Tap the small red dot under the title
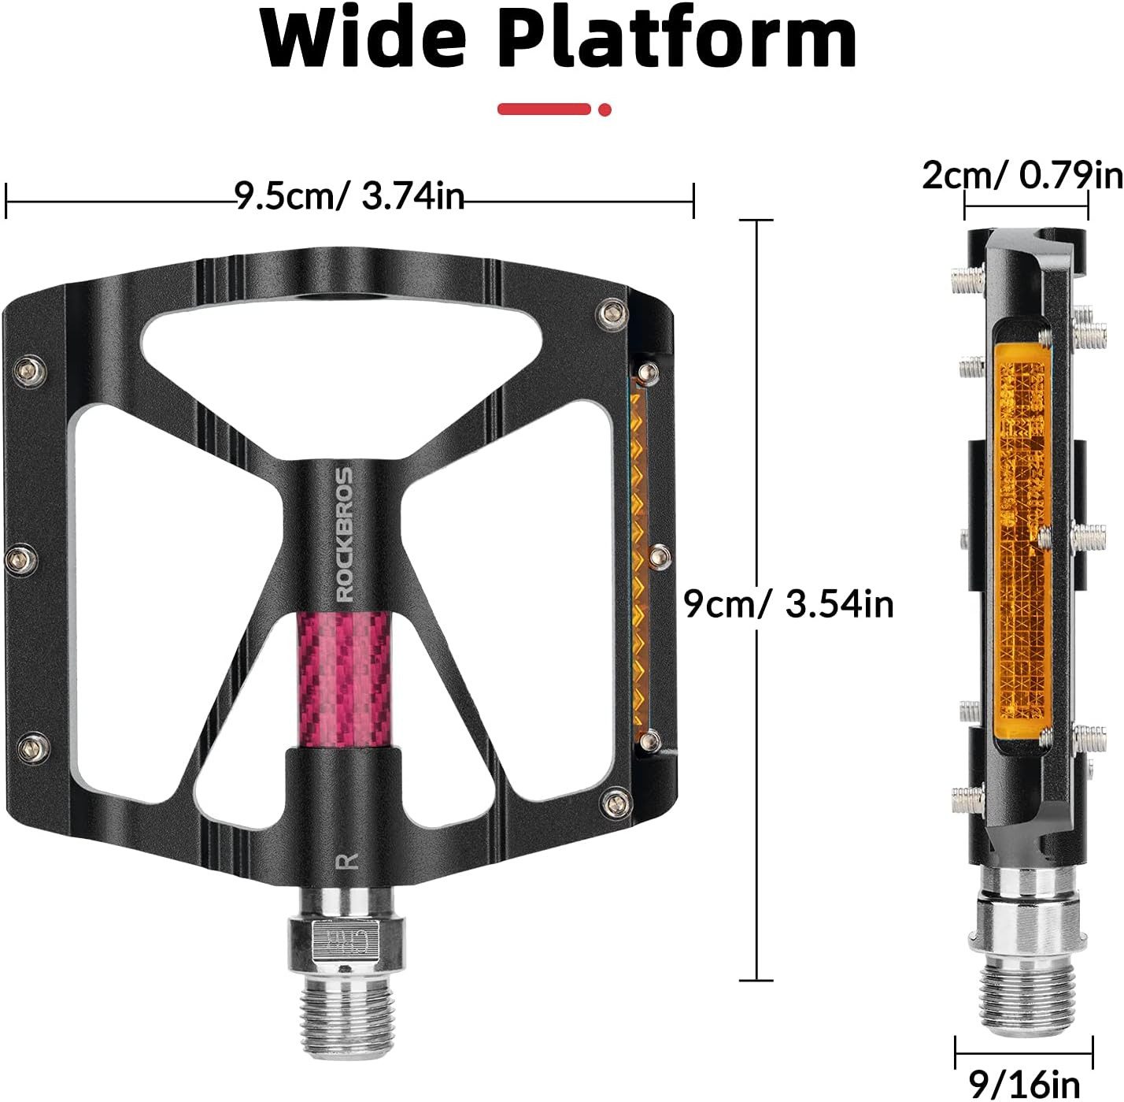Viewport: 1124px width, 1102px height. (x=605, y=109)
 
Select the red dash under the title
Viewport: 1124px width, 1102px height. (x=544, y=109)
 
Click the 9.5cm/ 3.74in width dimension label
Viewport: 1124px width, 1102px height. (x=350, y=197)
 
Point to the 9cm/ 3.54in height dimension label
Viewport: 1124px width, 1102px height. (x=789, y=604)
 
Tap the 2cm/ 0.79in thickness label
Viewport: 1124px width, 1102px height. (x=1022, y=175)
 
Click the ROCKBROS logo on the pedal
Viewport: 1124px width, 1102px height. (x=346, y=534)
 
